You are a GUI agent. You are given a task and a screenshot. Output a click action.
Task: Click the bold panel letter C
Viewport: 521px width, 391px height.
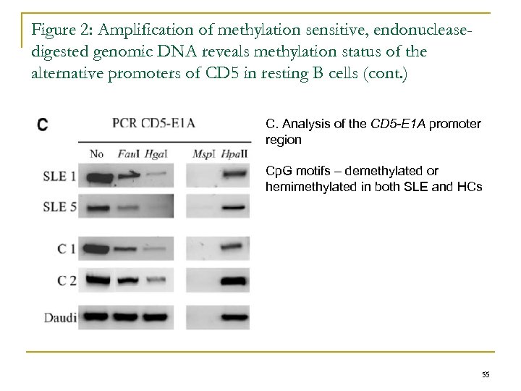coord(43,125)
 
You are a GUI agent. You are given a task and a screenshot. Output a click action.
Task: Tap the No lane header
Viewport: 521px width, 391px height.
coord(97,153)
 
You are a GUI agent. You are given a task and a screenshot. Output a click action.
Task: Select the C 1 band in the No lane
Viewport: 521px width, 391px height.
coord(96,249)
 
